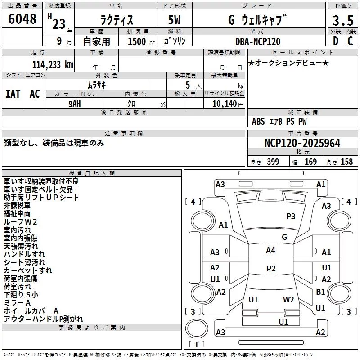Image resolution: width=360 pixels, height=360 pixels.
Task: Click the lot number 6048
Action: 22,19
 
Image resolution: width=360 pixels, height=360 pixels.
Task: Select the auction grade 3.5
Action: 343,20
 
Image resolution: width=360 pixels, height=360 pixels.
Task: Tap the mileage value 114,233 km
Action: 53,65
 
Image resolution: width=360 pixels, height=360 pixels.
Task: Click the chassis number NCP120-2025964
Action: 302,143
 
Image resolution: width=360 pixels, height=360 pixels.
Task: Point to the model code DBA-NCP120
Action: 258,41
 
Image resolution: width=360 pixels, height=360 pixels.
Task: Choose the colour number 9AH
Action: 75,104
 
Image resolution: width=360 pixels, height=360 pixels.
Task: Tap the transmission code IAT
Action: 13,94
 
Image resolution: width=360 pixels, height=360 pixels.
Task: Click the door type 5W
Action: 174,20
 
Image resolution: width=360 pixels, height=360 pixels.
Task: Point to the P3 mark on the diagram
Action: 291,216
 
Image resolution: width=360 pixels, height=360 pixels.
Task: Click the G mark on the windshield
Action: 284,237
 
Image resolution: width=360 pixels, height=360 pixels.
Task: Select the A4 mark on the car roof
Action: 270,251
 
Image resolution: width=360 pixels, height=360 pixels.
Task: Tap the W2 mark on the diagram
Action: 288,300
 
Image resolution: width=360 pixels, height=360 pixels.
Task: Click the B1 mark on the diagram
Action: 320,292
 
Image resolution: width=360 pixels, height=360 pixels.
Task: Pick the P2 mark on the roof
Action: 271,268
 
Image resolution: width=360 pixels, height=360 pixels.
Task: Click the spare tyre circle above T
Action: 197,328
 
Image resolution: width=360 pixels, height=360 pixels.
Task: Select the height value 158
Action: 346,162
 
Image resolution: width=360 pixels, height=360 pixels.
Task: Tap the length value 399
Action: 273,162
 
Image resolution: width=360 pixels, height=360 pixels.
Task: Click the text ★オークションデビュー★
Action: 288,63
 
